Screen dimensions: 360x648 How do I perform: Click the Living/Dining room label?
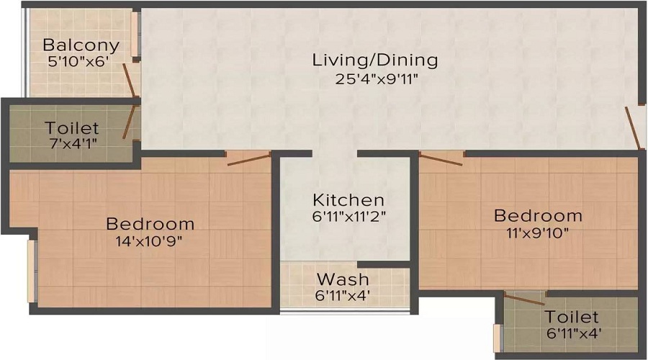pos(374,60)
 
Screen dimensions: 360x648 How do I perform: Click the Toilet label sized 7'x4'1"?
pos(72,128)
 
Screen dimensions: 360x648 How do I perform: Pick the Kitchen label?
pos(348,199)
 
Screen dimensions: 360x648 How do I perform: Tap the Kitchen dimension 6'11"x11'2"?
pos(348,216)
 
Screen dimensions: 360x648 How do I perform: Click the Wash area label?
pos(343,279)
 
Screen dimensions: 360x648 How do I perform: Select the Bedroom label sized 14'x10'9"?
pos(150,223)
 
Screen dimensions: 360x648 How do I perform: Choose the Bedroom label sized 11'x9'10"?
pos(538,215)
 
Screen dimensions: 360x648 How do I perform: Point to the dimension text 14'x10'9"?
pos(150,241)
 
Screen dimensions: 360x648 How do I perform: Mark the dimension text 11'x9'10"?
pos(538,233)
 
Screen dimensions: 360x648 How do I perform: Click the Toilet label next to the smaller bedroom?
pos(572,317)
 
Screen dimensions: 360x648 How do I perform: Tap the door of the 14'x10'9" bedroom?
pos(248,158)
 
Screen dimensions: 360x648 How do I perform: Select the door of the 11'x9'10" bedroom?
pos(441,158)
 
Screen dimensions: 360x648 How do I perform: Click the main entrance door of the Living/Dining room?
pos(633,128)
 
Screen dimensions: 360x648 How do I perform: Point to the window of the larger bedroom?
pos(31,271)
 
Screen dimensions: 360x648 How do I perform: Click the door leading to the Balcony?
pos(130,80)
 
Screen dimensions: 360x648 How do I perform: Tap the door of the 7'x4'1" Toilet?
pos(130,121)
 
